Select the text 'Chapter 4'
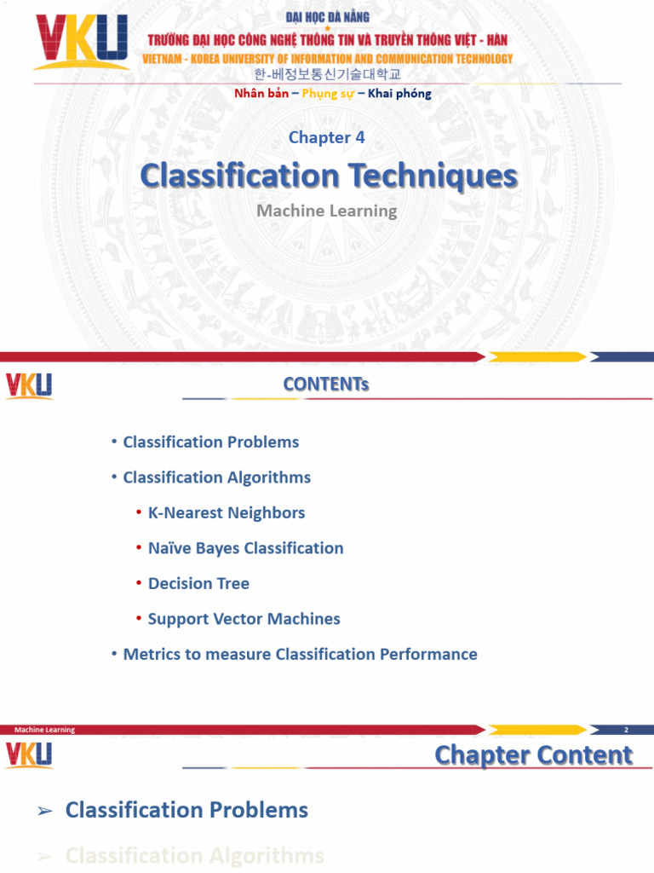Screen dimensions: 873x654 [x=327, y=137]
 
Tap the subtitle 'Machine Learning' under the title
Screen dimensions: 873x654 [x=327, y=210]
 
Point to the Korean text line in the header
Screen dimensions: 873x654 [x=328, y=75]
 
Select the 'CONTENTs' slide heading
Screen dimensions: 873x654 [x=326, y=384]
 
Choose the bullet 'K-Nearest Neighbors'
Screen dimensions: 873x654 [x=226, y=513]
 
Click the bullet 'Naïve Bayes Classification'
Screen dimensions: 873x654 [x=245, y=548]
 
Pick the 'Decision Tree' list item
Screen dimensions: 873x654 [x=198, y=584]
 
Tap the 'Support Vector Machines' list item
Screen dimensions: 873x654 [x=244, y=619]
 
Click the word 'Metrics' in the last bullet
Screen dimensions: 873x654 [x=151, y=655]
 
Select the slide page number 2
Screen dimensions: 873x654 [x=626, y=730]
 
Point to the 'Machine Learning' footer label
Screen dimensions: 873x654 [x=44, y=730]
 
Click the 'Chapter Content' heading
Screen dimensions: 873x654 [x=533, y=755]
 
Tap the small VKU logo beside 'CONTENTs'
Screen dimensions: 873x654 [x=29, y=385]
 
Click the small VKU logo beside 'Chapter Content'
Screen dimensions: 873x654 [x=29, y=754]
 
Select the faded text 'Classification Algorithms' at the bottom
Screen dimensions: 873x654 [x=194, y=855]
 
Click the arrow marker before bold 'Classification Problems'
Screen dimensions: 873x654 [x=46, y=811]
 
